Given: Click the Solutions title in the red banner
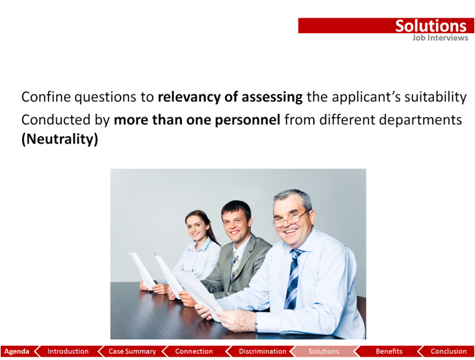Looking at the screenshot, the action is pos(431,26).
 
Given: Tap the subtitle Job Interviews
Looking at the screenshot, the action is pos(440,38).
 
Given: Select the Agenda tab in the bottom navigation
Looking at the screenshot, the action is pos(17,351).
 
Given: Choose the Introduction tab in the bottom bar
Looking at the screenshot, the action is pos(68,351).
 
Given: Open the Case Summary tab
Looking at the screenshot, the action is pos(132,351).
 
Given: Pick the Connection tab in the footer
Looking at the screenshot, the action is pos(194,351).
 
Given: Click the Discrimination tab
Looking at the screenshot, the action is pos(262,351).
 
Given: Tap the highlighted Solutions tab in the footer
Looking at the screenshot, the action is pos(323,351).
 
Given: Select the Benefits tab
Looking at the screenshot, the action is pos(389,351).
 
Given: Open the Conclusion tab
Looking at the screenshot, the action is pos(448,351).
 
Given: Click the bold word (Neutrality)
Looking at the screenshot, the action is pos(60,139).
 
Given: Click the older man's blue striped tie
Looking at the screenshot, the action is pos(293,279).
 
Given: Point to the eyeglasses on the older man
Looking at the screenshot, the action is pos(290,219).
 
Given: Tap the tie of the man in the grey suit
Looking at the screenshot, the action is pos(235,264).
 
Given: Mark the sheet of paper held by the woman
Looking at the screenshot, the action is pos(142,270).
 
